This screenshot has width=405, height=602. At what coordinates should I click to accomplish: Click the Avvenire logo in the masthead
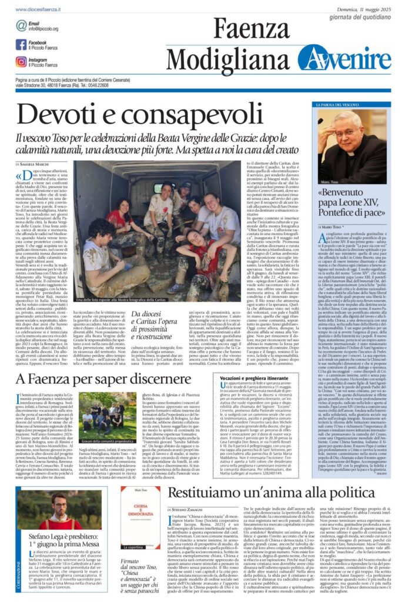click(x=344, y=58)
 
